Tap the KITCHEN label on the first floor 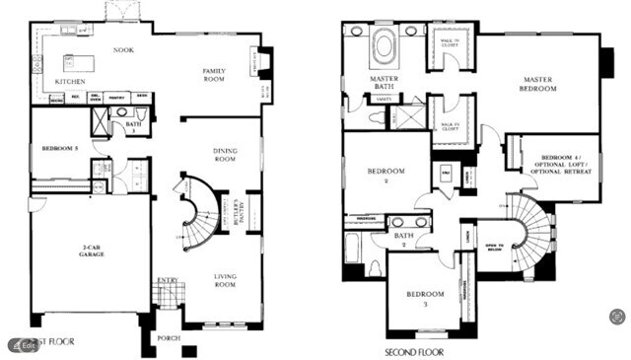pos(70,82)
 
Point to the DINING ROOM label pos(226,155)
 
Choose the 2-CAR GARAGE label pos(91,251)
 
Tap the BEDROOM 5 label pos(59,148)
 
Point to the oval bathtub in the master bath pos(383,48)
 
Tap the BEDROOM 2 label pos(385,176)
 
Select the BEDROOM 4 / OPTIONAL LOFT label pos(560,164)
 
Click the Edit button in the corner pos(24,345)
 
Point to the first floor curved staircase pos(196,212)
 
